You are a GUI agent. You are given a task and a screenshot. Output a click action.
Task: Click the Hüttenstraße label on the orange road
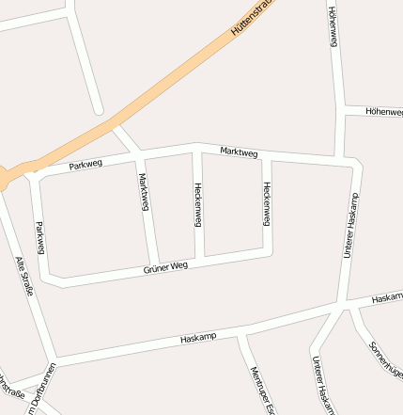259,21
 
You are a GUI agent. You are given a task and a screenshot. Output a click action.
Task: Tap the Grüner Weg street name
166,268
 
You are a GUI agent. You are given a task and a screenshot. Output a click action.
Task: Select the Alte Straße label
25,276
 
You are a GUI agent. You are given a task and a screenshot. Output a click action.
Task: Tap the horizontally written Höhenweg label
383,110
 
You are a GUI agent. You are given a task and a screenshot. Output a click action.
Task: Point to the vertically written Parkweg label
39,237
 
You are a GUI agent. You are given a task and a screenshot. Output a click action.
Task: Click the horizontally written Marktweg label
239,152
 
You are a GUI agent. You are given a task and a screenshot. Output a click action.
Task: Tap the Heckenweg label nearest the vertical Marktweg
198,203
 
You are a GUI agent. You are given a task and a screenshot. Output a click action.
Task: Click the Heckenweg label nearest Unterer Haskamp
267,203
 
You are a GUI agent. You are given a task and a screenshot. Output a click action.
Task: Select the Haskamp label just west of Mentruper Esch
198,337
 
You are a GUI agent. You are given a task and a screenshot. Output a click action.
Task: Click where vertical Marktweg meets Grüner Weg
152,263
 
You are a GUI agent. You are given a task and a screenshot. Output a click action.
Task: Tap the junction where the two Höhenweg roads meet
338,110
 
